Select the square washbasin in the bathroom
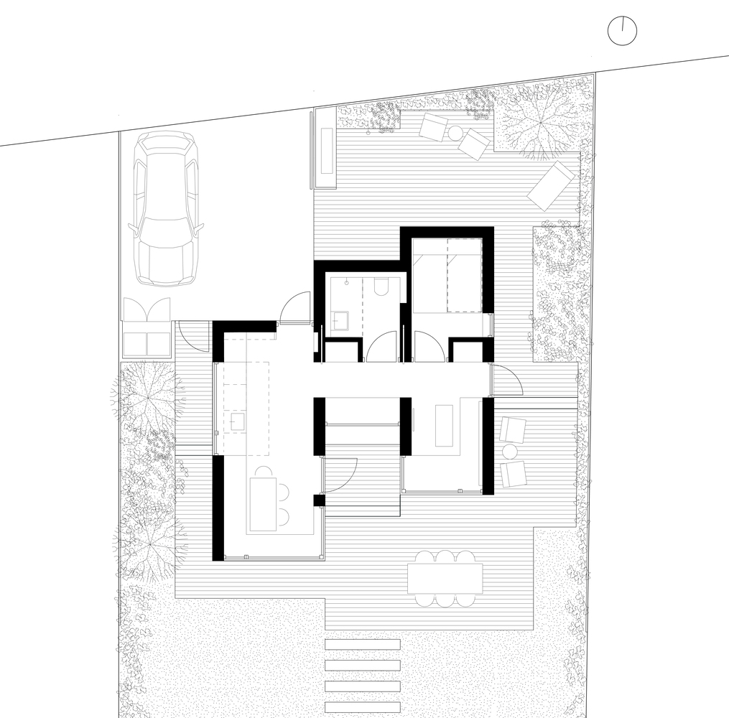pyautogui.click(x=339, y=319)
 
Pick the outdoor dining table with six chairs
pyautogui.click(x=445, y=578)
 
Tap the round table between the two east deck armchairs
pyautogui.click(x=511, y=452)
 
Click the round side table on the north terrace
pyautogui.click(x=455, y=133)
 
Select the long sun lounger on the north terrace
pyautogui.click(x=552, y=185)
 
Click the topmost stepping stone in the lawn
pyautogui.click(x=363, y=644)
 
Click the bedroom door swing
pyautogui.click(x=428, y=347)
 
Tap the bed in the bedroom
pyautogui.click(x=447, y=276)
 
